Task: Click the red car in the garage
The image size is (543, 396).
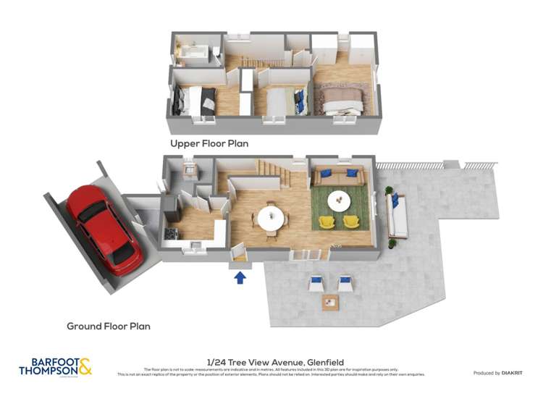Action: click(104, 229)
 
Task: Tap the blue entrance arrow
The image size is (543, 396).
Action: click(240, 276)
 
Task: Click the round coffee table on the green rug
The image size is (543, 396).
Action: click(338, 198)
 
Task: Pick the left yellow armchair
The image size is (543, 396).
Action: click(327, 220)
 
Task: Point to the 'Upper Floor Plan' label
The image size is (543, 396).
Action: click(209, 143)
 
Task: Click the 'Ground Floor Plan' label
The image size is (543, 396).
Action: click(109, 327)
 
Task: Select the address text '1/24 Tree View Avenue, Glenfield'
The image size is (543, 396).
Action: click(275, 362)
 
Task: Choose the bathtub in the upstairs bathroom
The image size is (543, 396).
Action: click(193, 53)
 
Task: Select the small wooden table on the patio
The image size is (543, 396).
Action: click(330, 302)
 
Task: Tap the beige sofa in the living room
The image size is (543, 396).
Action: click(338, 177)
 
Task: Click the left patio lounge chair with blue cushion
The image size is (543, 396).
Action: click(316, 282)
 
